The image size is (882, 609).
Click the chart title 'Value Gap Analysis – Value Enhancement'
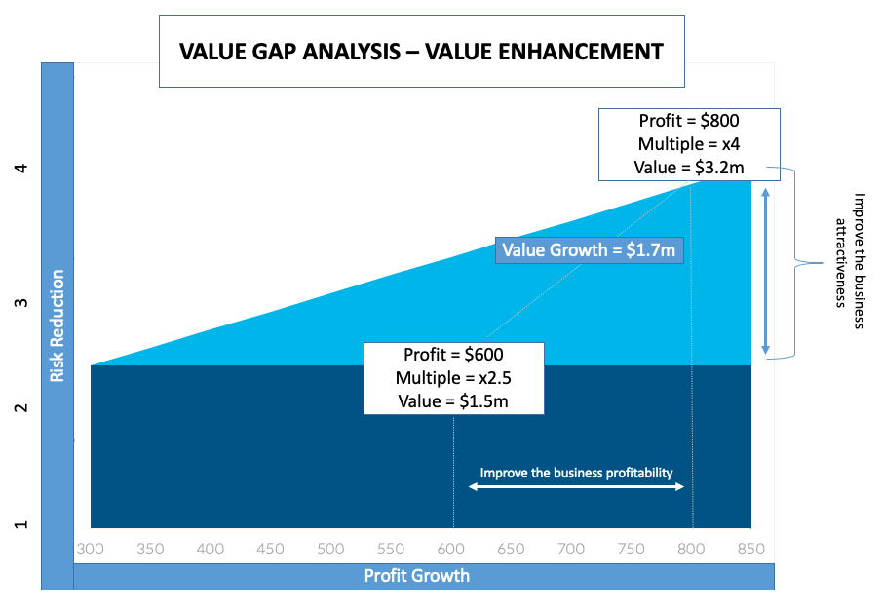[x=421, y=52]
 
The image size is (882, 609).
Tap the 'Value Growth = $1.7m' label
[x=588, y=250]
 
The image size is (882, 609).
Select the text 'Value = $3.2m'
[x=689, y=168]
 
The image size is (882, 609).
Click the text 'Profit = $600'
[x=453, y=354]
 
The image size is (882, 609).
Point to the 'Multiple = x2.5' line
[x=453, y=377]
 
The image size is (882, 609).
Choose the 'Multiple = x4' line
[x=689, y=144]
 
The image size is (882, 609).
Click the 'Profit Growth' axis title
[x=416, y=576]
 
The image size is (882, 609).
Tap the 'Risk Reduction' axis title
[x=58, y=324]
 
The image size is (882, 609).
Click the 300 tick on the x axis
[x=91, y=549]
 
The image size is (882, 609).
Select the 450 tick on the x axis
[x=271, y=549]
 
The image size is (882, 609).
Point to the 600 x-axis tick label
[x=451, y=549]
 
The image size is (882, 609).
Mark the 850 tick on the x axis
[x=751, y=549]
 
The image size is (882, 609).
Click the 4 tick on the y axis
[x=21, y=168]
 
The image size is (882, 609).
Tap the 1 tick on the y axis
[x=21, y=525]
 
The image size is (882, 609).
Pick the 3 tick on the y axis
[x=21, y=303]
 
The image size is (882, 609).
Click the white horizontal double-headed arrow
[x=576, y=486]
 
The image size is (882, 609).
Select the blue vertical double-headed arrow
[x=766, y=271]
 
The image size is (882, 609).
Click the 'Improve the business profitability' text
[x=577, y=473]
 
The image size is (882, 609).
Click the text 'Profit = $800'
[x=689, y=121]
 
